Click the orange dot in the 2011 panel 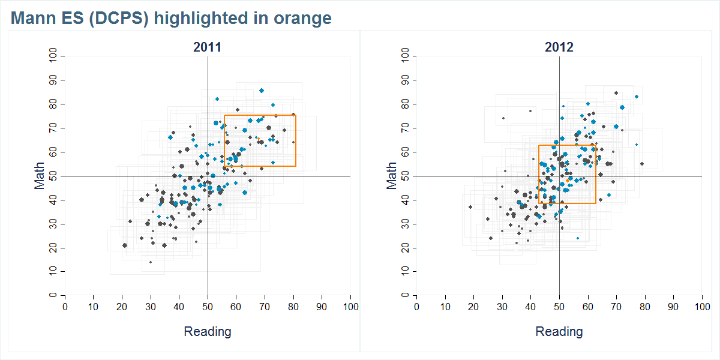(x=258, y=138)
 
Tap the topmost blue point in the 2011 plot (x=262, y=91)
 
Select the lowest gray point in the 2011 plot (x=151, y=262)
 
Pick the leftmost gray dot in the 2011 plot (x=125, y=245)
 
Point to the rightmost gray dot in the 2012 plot (x=641, y=164)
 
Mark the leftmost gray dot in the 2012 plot (x=470, y=207)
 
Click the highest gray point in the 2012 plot (x=616, y=93)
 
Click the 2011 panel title (x=208, y=47)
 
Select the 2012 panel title (x=559, y=47)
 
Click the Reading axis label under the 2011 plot (x=208, y=332)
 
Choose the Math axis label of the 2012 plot (x=392, y=176)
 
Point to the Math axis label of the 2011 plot (x=40, y=176)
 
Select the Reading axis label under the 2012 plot (x=559, y=332)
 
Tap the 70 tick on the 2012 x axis (x=616, y=307)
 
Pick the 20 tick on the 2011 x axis (x=122, y=307)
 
